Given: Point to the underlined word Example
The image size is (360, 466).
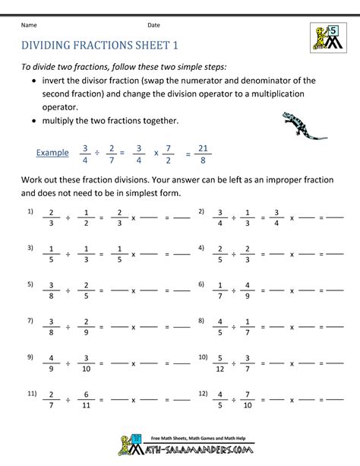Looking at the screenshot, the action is click(x=52, y=153).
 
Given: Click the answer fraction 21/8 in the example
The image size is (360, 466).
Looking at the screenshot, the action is click(x=203, y=153).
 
